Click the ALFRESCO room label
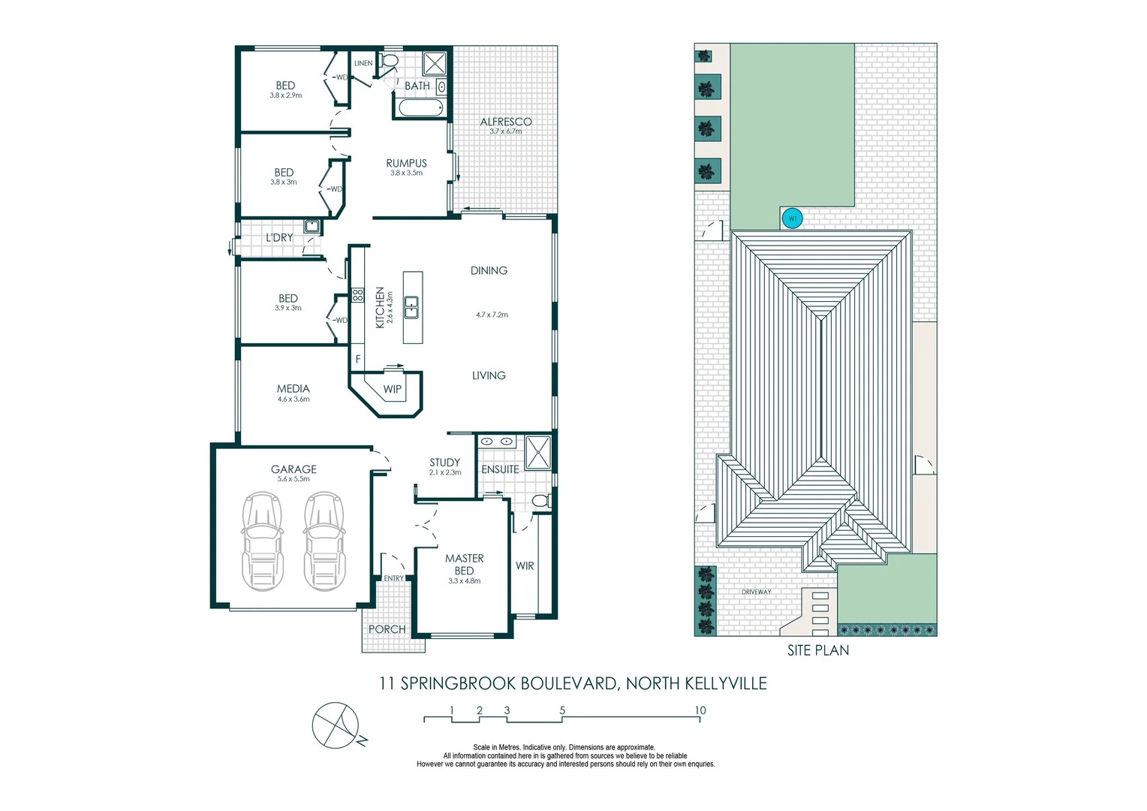point(505,122)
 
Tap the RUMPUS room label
point(406,163)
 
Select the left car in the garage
point(263,541)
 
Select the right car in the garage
point(324,541)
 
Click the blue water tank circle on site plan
point(792,219)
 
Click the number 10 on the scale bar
point(700,710)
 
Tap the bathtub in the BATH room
point(420,109)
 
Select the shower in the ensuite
point(537,452)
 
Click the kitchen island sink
point(411,307)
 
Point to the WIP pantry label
point(392,389)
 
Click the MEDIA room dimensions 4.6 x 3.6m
point(293,399)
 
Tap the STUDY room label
point(444,463)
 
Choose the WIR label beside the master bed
point(525,565)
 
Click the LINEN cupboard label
point(363,64)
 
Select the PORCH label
point(387,629)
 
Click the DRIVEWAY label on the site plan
point(756,592)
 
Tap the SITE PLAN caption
point(817,650)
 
